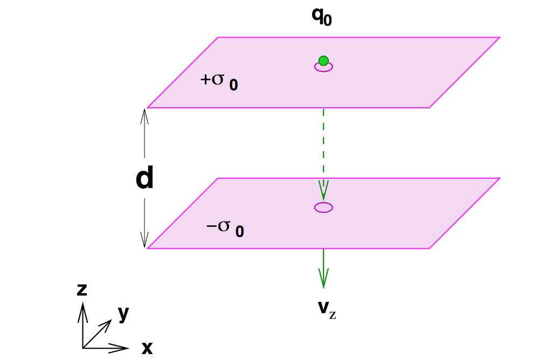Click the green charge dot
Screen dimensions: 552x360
coord(323,61)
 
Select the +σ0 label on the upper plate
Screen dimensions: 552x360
coord(218,82)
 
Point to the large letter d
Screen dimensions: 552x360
coord(144,178)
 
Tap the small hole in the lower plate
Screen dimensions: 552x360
coord(323,207)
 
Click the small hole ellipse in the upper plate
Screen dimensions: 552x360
coord(323,67)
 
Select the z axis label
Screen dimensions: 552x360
coord(82,289)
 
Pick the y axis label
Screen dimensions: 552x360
coord(123,313)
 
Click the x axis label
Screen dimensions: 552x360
coord(147,348)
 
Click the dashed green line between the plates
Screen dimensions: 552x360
coord(323,146)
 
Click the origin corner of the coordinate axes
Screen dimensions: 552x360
coord(82,348)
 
